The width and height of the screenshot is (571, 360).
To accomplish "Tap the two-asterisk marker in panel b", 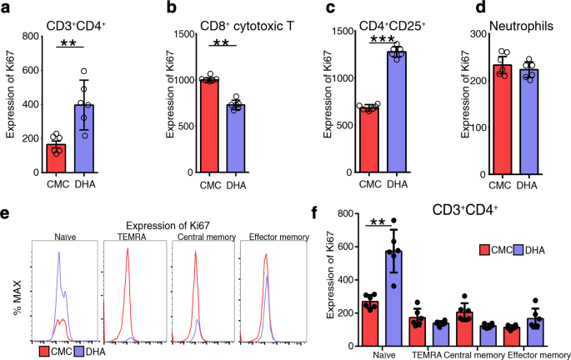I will coord(220,42).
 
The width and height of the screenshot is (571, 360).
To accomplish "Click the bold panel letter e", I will coord(6,213).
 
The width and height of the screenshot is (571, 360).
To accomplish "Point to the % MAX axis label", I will coord(15,289).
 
